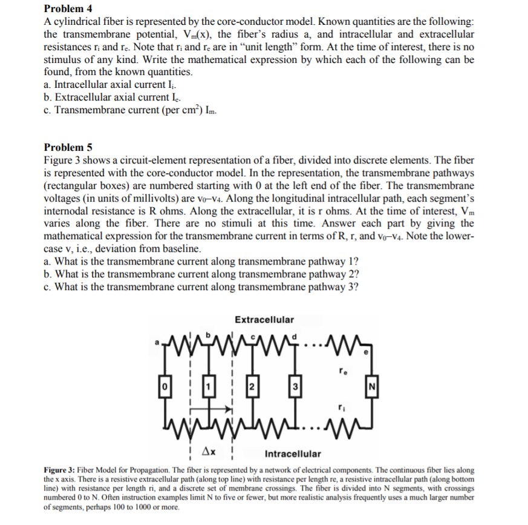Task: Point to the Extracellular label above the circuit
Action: tap(264, 319)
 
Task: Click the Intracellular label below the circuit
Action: tap(293, 454)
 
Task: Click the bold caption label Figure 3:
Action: tap(64, 471)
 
